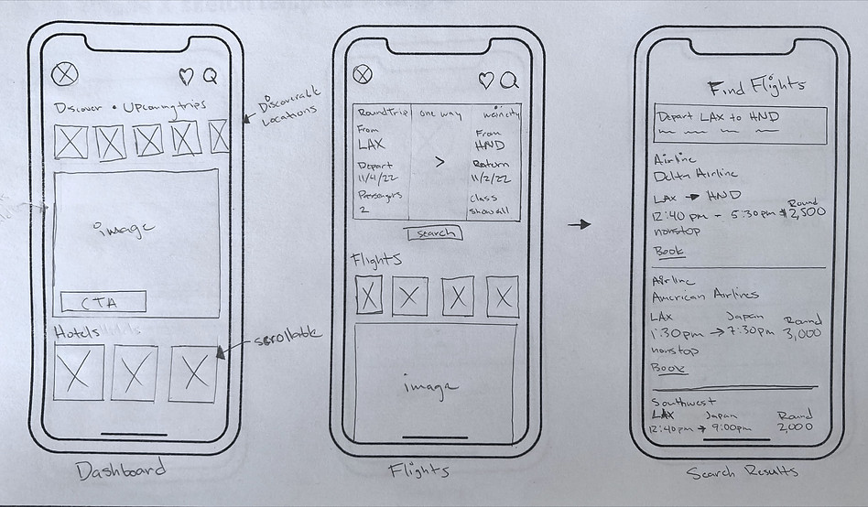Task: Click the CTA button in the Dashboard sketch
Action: tap(103, 302)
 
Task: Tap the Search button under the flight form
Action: tap(433, 233)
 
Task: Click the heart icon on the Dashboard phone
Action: tap(186, 76)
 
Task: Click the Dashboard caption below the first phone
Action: tap(122, 470)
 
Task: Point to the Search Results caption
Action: tap(743, 472)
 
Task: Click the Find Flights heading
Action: tap(756, 86)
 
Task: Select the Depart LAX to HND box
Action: tap(740, 124)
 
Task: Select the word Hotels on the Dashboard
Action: tap(71, 330)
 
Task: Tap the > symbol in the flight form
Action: tap(439, 162)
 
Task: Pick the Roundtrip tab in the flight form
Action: tap(377, 113)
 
